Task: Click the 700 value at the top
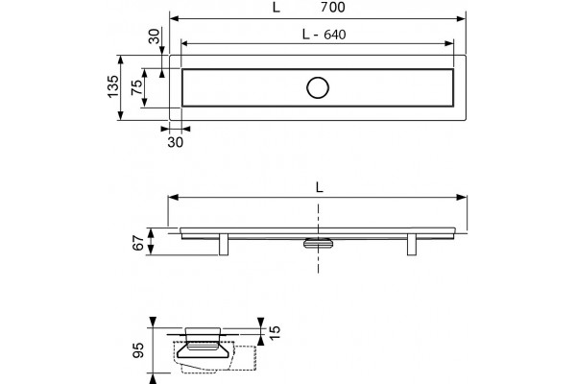click(333, 7)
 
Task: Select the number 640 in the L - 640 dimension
click(335, 35)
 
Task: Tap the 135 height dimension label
click(113, 86)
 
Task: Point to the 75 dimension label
click(136, 87)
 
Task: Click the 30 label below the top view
click(176, 142)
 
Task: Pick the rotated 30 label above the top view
click(155, 36)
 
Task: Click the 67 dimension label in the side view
click(138, 243)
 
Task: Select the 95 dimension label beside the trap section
click(138, 350)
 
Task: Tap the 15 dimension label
click(275, 332)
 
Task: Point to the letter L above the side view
click(320, 188)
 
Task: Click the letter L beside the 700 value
click(276, 8)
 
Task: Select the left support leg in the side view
click(224, 244)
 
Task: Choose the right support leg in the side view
click(412, 244)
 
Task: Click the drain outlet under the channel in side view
click(318, 243)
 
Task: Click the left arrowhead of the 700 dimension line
click(174, 19)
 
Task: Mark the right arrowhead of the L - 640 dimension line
click(449, 44)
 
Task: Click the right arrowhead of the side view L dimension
click(462, 198)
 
